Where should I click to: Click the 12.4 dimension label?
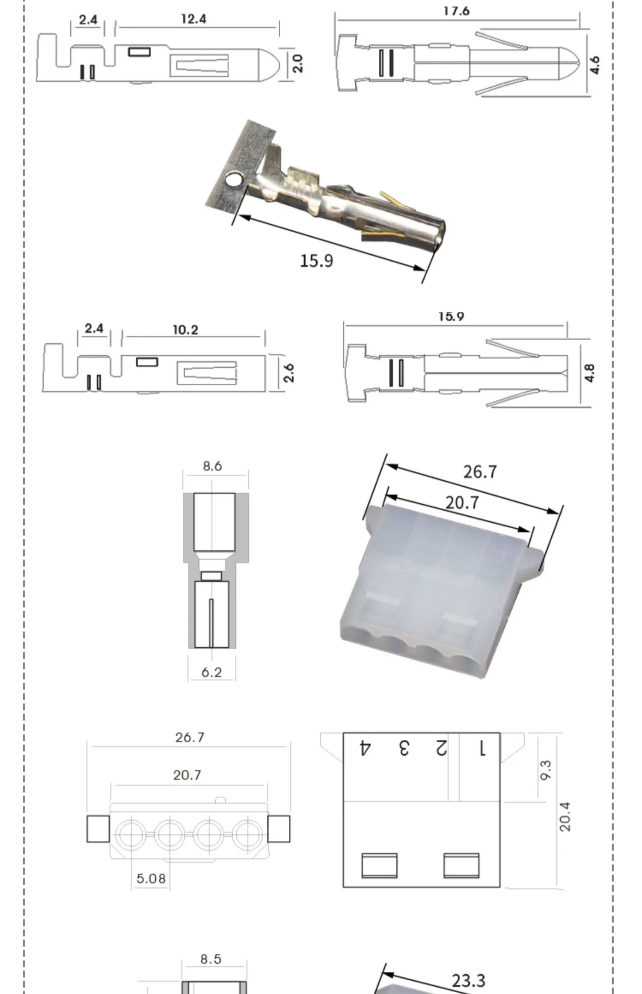tap(193, 19)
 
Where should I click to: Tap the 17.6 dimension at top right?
tap(456, 11)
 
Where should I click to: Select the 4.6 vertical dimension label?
tap(595, 65)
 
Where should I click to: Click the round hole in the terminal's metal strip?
tap(234, 179)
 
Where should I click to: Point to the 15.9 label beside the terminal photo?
tap(316, 261)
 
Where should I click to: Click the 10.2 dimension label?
tap(185, 330)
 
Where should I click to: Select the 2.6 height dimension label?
tap(289, 372)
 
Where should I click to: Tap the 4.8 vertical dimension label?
tap(589, 373)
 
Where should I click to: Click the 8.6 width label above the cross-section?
tap(212, 466)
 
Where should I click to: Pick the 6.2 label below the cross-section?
tap(211, 672)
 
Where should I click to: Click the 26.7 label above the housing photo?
tap(480, 472)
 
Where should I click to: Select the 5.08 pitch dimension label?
tap(151, 879)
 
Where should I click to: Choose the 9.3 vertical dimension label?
tap(546, 770)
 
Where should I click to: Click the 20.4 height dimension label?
tap(565, 816)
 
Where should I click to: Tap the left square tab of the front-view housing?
tap(98, 829)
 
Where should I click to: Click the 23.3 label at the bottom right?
tap(468, 980)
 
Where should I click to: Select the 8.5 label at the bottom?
tap(211, 959)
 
